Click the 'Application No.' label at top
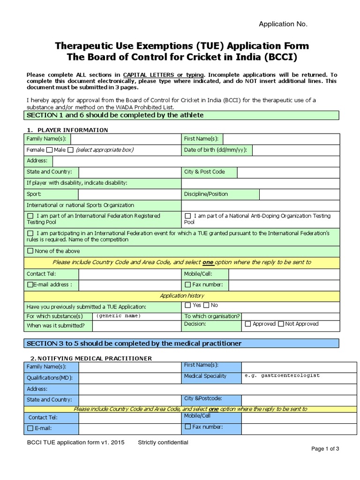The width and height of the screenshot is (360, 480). coord(284,24)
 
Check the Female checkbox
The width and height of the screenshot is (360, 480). coord(49,150)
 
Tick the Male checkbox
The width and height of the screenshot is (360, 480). coord(71,150)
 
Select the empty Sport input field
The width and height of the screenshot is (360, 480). coord(129,194)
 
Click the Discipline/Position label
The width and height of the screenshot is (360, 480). coord(206,194)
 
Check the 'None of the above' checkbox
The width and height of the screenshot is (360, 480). coord(30,251)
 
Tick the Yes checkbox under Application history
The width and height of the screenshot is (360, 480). coord(188,306)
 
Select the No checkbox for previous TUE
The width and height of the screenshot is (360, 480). coord(206,306)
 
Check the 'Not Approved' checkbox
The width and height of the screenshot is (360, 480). coord(281,324)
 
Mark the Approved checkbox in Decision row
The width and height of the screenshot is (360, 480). coord(248,324)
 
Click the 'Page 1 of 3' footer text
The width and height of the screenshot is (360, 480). coord(325,449)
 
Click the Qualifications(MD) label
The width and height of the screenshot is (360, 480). coord(50,378)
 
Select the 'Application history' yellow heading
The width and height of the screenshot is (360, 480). coord(182,296)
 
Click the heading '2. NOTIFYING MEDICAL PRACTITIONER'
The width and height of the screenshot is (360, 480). coord(89,359)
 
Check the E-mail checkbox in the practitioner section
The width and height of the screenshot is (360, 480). coord(30,428)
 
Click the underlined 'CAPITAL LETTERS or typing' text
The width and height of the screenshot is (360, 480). coord(164,75)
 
